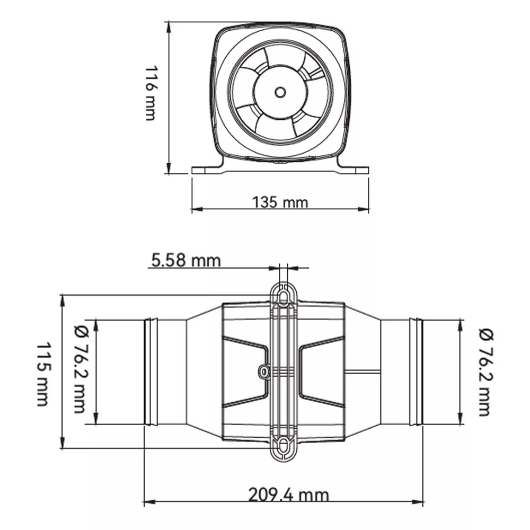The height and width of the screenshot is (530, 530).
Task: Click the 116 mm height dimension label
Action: (x=150, y=93)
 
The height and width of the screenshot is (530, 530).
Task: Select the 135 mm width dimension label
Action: (x=280, y=202)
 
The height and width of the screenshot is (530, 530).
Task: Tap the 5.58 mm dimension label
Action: (x=185, y=261)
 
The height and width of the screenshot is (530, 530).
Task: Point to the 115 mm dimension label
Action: (x=43, y=374)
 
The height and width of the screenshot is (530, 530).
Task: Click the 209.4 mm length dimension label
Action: (x=288, y=495)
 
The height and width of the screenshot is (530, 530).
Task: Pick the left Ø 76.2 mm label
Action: (x=81, y=369)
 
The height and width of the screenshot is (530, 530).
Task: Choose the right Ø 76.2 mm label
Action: (x=486, y=372)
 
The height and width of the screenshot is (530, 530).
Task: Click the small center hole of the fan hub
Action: (x=280, y=92)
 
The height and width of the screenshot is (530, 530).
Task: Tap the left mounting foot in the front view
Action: (x=207, y=167)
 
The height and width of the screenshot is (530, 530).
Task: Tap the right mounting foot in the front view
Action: (x=353, y=167)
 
